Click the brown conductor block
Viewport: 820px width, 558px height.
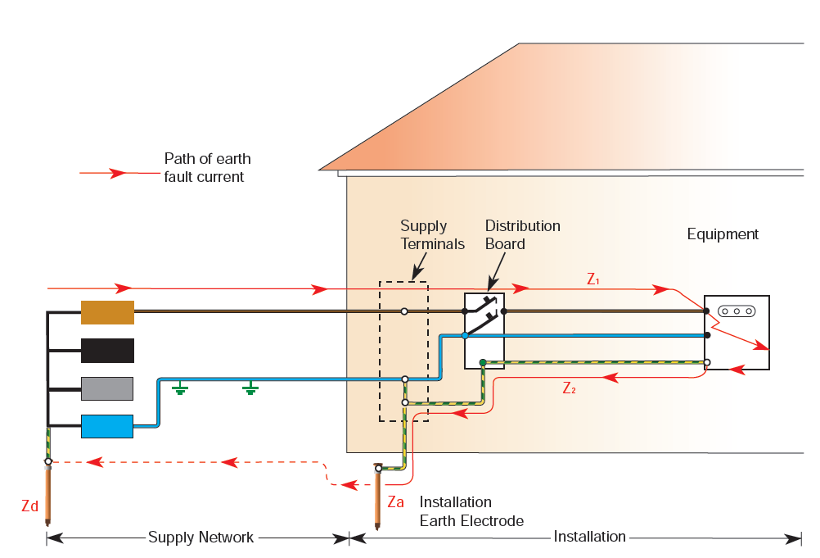[107, 312]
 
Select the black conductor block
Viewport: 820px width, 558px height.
[107, 350]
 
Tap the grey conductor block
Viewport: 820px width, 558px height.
[107, 388]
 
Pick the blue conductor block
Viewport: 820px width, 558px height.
[107, 426]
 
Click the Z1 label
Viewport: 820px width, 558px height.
[594, 279]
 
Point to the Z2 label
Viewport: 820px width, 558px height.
[570, 388]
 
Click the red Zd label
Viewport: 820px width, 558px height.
[29, 506]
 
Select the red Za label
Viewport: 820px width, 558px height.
[396, 501]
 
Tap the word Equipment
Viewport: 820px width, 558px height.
[723, 234]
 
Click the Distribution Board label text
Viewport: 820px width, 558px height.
[522, 234]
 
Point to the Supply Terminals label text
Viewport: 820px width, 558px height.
[432, 234]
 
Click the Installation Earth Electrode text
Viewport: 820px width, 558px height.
[471, 511]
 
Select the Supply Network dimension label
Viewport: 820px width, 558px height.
[200, 538]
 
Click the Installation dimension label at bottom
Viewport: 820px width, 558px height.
[589, 537]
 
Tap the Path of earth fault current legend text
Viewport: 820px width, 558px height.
[207, 167]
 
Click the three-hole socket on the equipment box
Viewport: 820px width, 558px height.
[737, 311]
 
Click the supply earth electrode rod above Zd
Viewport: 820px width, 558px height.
[48, 492]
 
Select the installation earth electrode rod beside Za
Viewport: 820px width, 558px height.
[378, 497]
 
